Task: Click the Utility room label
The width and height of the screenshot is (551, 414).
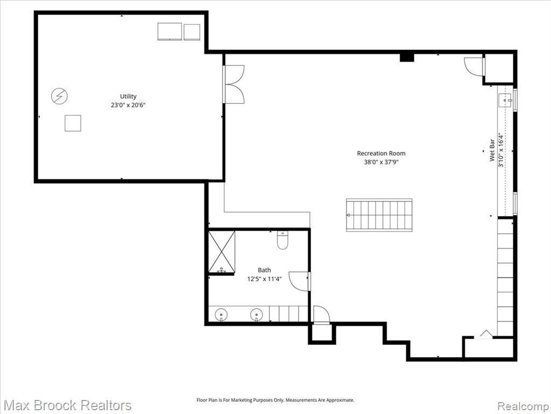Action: [x=128, y=96]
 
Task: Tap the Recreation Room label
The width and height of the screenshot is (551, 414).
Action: [x=381, y=154]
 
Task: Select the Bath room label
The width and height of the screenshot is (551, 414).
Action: [x=264, y=270]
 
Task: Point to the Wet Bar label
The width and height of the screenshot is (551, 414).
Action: [x=492, y=150]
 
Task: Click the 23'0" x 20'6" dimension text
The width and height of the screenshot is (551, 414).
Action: [x=128, y=105]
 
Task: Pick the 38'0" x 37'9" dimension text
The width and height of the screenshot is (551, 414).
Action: [x=381, y=162]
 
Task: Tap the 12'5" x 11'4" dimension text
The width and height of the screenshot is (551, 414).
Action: [x=264, y=279]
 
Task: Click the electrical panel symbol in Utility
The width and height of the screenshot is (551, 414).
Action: [x=59, y=96]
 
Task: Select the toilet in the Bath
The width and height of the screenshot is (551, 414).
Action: [x=282, y=240]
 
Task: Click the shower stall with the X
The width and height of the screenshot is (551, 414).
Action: [x=221, y=252]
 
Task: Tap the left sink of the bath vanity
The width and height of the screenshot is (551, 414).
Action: [x=221, y=314]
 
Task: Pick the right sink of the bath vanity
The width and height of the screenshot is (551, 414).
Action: [x=257, y=314]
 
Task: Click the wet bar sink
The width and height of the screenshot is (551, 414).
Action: [x=506, y=101]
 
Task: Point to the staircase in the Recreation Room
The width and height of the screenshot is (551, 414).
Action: [x=379, y=215]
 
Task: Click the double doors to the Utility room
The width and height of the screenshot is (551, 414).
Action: [x=234, y=84]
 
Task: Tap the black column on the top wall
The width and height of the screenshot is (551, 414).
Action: [x=407, y=57]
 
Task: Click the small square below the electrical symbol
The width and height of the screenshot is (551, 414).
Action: [x=73, y=123]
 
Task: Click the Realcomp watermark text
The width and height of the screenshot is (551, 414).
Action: [x=523, y=406]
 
